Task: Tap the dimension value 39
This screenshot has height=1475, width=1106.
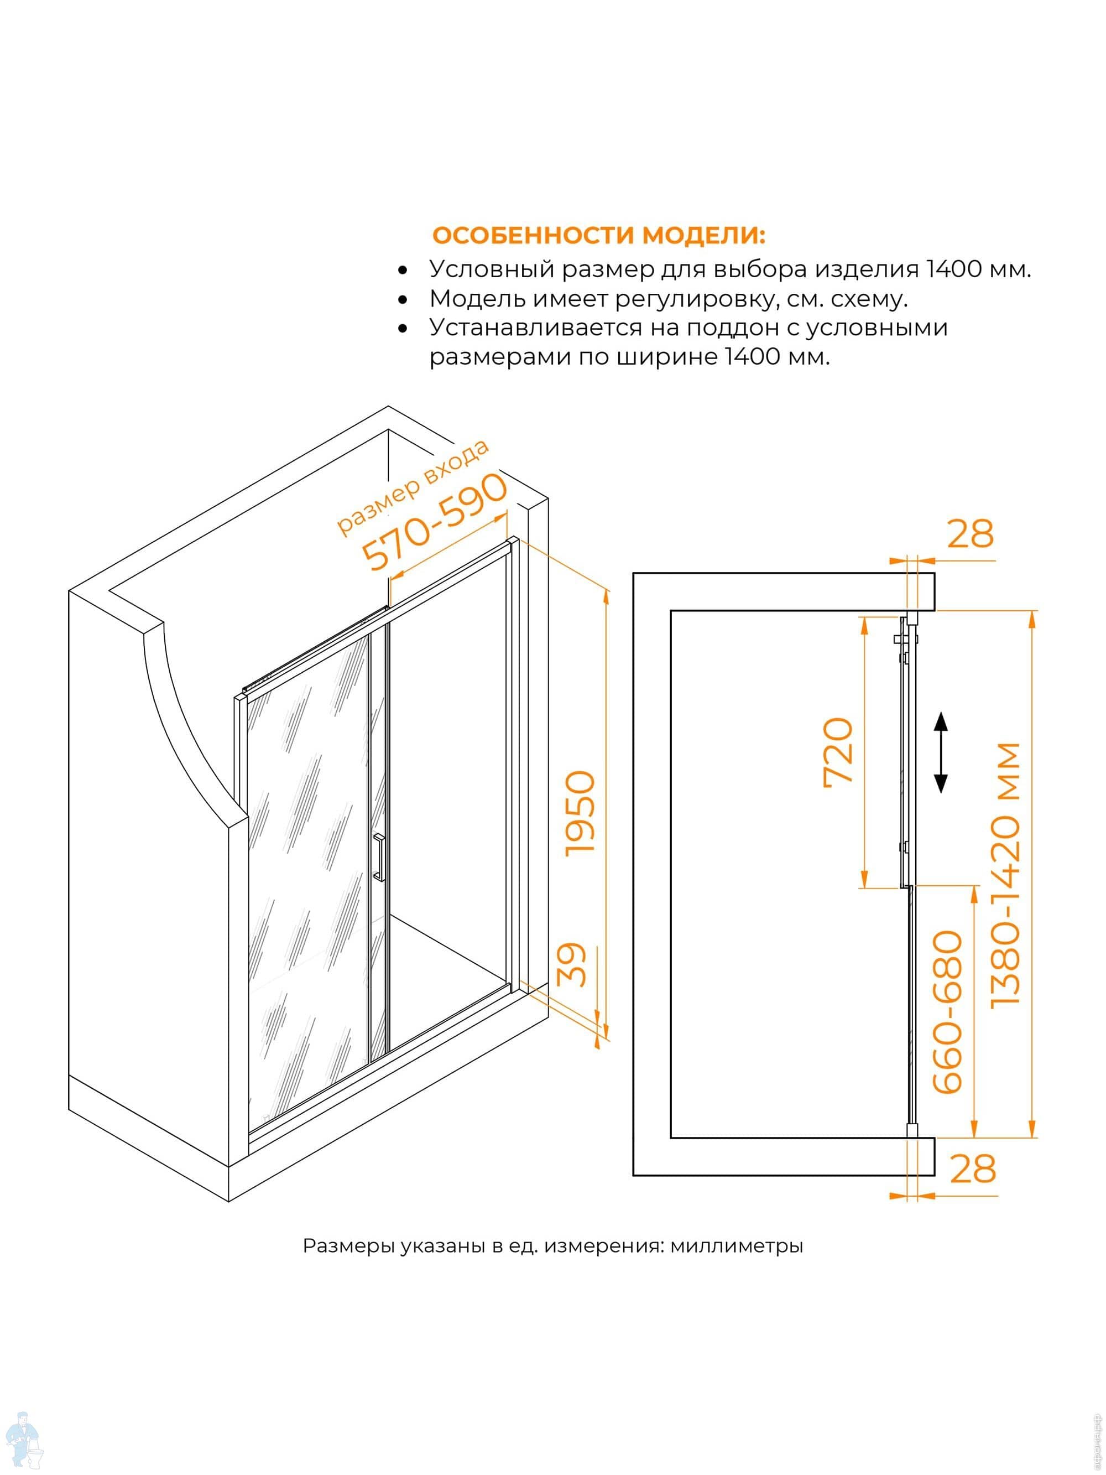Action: (x=572, y=965)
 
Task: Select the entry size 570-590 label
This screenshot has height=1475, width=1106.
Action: (x=435, y=522)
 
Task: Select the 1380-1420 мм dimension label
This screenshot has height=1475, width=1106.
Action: (x=1006, y=874)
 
